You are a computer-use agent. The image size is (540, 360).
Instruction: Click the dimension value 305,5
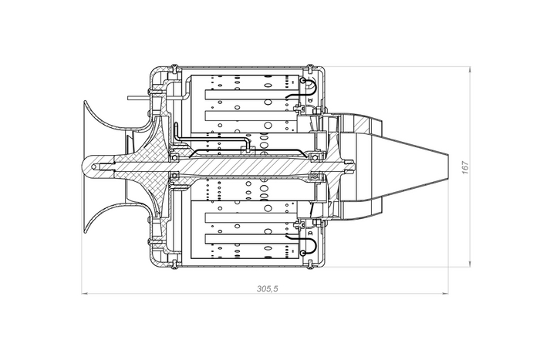tap(267, 288)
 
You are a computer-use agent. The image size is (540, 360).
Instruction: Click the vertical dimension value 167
tap(465, 167)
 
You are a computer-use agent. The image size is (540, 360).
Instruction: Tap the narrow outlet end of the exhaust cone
tap(447, 167)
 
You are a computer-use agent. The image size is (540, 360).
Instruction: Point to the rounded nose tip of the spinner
tap(83, 167)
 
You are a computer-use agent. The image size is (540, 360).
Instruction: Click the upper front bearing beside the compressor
tap(174, 157)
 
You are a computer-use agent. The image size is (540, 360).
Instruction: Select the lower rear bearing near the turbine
tap(314, 177)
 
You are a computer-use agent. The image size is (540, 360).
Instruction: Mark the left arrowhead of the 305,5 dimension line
tap(84, 294)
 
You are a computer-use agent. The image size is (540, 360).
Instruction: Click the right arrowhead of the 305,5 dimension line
tap(445, 294)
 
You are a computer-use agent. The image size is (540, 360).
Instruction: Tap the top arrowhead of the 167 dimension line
tap(470, 70)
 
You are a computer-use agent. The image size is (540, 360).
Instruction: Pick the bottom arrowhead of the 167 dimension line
tap(470, 264)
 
